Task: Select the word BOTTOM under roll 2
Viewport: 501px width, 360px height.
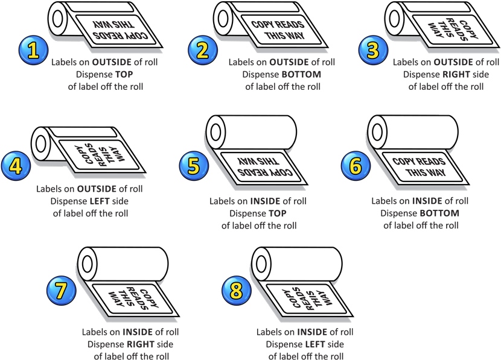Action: (300, 74)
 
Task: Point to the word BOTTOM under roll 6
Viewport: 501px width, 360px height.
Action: (439, 213)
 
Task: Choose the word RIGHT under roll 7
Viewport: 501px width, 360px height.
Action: (139, 344)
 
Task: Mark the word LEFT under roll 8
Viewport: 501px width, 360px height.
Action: (314, 344)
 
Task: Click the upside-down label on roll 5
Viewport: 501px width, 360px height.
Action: (260, 168)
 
